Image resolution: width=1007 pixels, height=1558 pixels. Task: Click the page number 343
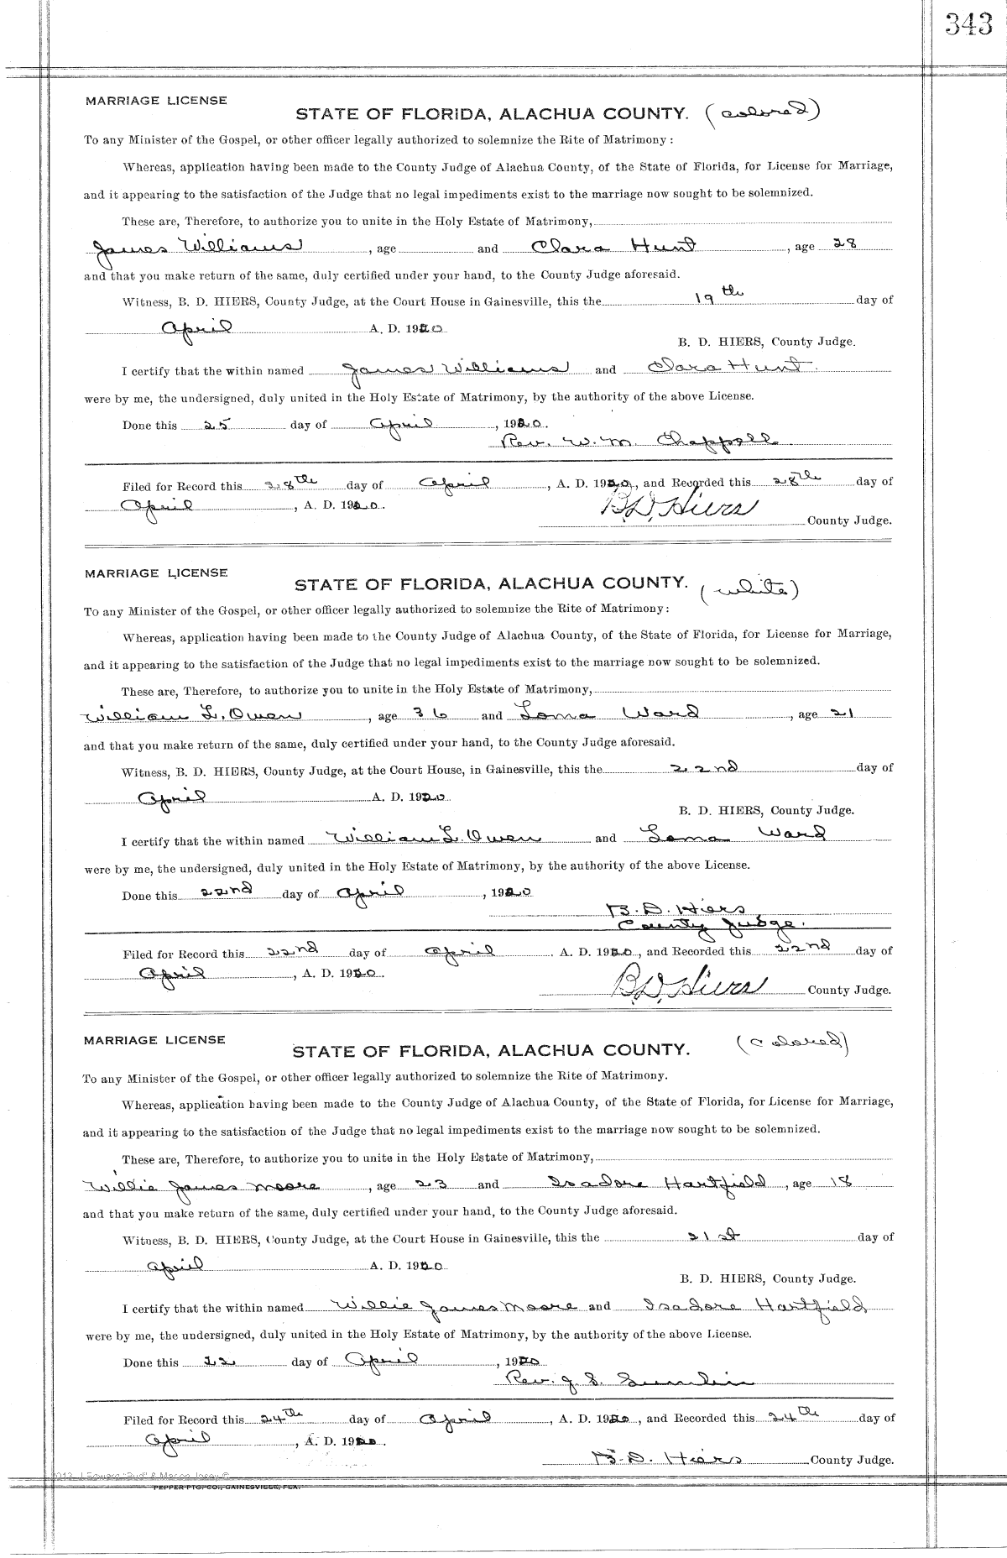(x=968, y=26)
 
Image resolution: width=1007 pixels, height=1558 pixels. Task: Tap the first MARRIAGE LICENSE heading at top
(x=155, y=101)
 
